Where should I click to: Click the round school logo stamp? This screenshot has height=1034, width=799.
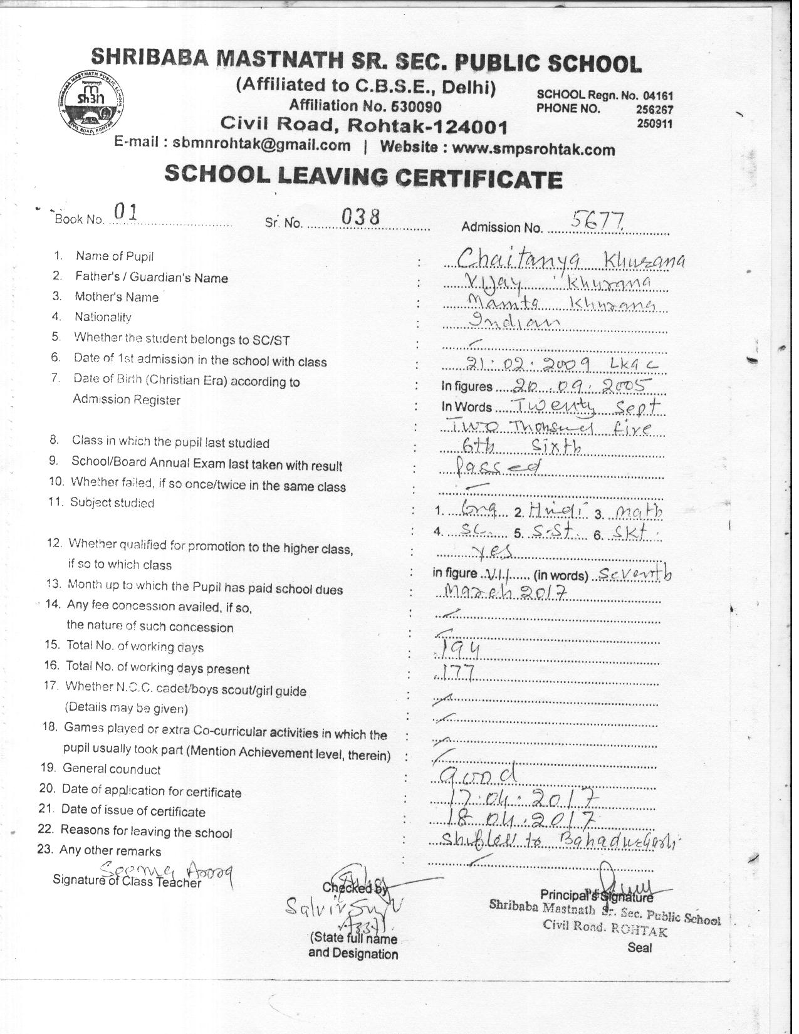93,103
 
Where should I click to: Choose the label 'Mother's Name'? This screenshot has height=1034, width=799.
117,297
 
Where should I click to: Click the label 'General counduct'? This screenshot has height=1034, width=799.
112,769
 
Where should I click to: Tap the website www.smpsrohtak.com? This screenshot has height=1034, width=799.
533,150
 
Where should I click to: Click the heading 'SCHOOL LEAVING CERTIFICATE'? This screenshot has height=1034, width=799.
363,178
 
